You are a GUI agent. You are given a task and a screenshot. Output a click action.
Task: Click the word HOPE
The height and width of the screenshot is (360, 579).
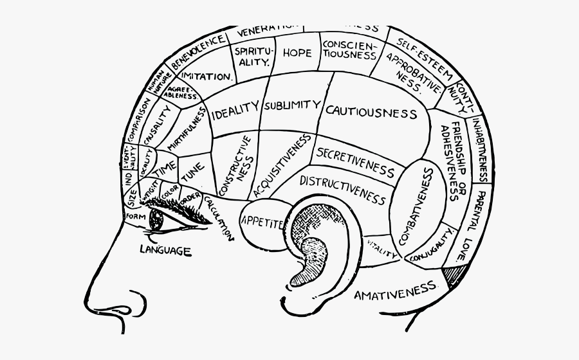297,53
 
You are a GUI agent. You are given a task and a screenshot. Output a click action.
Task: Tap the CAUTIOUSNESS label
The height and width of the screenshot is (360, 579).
371,113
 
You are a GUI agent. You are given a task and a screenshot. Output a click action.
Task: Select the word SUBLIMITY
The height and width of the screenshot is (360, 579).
291,104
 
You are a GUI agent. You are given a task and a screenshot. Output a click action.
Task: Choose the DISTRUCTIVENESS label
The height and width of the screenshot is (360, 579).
342,186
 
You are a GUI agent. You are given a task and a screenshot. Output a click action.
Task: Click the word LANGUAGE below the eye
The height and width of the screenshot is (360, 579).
165,250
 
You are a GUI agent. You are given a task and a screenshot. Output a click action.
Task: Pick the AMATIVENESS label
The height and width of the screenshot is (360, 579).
395,294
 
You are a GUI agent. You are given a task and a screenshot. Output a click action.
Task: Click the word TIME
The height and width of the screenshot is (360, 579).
167,168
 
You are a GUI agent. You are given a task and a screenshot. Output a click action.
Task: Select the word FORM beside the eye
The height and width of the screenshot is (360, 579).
136,217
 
